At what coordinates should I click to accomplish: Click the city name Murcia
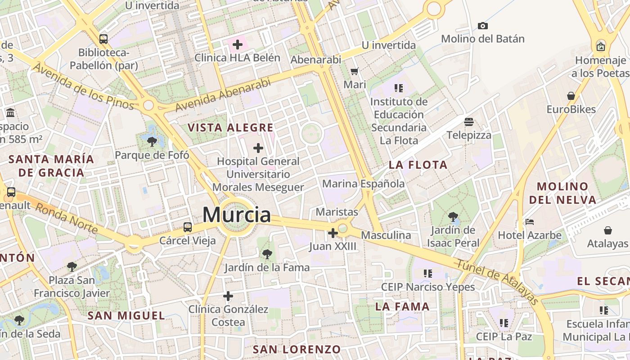click(x=237, y=215)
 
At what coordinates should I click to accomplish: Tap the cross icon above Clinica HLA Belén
click(x=237, y=45)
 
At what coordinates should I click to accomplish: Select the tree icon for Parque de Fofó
click(x=152, y=142)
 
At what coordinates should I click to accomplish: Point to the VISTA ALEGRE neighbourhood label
click(x=230, y=128)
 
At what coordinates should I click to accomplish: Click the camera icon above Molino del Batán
click(x=483, y=26)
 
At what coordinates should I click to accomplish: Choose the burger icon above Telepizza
click(x=469, y=122)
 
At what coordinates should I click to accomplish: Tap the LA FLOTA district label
click(x=418, y=165)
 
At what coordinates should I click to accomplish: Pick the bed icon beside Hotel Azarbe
click(x=530, y=222)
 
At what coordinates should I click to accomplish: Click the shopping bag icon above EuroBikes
click(x=571, y=96)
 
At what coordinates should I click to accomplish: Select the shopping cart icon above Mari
click(x=355, y=71)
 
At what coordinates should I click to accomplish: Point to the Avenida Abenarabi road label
click(x=223, y=95)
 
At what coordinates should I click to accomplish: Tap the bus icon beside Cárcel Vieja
click(x=188, y=227)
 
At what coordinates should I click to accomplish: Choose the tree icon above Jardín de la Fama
click(x=267, y=254)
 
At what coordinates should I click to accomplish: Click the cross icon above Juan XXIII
click(x=333, y=233)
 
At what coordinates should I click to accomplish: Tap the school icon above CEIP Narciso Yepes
click(x=428, y=273)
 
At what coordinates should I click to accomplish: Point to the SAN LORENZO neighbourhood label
click(x=297, y=349)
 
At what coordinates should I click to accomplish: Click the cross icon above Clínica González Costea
click(x=228, y=296)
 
